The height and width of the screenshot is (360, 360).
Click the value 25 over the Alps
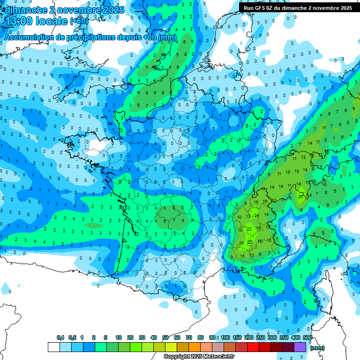pyautogui.click(x=300, y=197)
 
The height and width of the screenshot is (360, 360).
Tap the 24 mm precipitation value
pyautogui.click(x=256, y=215)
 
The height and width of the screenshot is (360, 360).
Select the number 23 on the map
pyautogui.click(x=249, y=229)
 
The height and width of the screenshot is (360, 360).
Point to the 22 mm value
pyautogui.click(x=250, y=242)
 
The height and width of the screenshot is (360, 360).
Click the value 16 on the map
pyautogui.click(x=265, y=202)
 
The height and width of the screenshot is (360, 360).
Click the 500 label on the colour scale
pyautogui.click(x=307, y=337)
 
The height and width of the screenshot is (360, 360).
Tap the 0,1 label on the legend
pyautogui.click(x=60, y=337)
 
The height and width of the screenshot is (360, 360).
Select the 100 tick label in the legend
pyautogui.click(x=225, y=337)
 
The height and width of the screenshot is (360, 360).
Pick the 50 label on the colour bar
pyautogui.click(x=165, y=337)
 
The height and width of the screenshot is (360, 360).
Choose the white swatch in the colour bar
pyautogui.click(x=54, y=347)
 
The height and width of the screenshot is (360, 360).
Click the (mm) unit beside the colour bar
pyautogui.click(x=317, y=348)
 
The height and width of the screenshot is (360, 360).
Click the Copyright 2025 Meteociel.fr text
pyautogui.click(x=199, y=357)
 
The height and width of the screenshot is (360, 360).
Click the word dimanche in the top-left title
pyautogui.click(x=22, y=9)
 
